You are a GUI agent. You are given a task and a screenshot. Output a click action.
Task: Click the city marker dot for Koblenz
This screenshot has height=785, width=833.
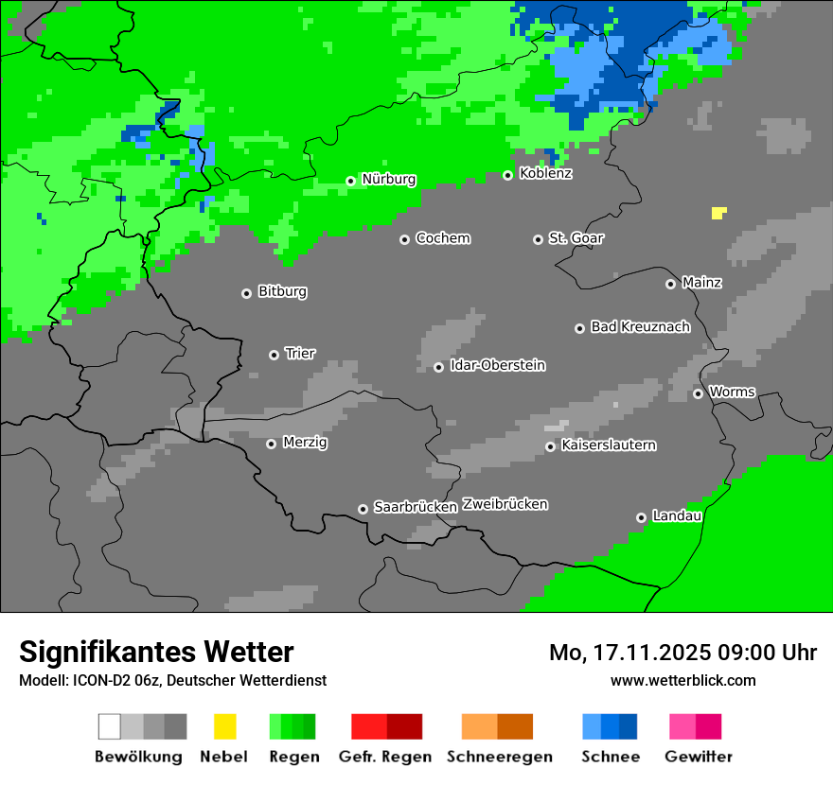(507, 175)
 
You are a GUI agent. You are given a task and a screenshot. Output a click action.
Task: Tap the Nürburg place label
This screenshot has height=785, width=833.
(388, 179)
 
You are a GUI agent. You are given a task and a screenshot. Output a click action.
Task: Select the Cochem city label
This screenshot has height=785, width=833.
(442, 238)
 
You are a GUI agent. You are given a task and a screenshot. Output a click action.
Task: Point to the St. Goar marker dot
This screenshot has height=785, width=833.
(538, 239)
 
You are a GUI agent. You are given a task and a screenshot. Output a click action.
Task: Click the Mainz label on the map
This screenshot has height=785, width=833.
(701, 283)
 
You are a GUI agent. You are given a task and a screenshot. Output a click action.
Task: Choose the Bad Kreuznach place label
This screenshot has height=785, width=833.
(640, 327)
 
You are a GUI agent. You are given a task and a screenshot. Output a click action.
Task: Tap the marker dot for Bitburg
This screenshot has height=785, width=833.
(246, 293)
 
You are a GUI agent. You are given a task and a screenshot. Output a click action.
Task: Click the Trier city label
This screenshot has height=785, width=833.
(300, 354)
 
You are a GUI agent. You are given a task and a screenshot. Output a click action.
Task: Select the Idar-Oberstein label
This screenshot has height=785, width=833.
(497, 366)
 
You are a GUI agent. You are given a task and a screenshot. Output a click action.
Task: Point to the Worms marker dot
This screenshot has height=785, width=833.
(698, 393)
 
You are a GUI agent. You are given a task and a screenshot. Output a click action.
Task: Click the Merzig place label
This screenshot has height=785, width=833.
(305, 443)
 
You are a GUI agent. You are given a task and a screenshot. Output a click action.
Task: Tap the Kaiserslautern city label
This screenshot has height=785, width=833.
(608, 445)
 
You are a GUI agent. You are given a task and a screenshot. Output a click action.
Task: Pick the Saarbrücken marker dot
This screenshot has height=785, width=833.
(363, 509)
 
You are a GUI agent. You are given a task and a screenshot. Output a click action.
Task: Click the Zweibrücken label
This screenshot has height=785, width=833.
(505, 505)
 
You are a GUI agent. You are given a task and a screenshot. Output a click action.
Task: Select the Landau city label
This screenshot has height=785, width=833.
(677, 516)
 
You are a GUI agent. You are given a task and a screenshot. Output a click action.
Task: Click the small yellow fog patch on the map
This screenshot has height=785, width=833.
(718, 213)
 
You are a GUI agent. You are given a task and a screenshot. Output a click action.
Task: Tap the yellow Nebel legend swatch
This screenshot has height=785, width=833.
(224, 726)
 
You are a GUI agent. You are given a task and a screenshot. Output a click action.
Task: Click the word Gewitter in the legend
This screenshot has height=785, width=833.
(698, 757)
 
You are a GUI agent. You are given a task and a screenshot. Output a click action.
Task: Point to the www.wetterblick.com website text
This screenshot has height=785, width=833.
(682, 681)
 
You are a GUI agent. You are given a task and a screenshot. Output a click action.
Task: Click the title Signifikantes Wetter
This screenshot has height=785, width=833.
(156, 652)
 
